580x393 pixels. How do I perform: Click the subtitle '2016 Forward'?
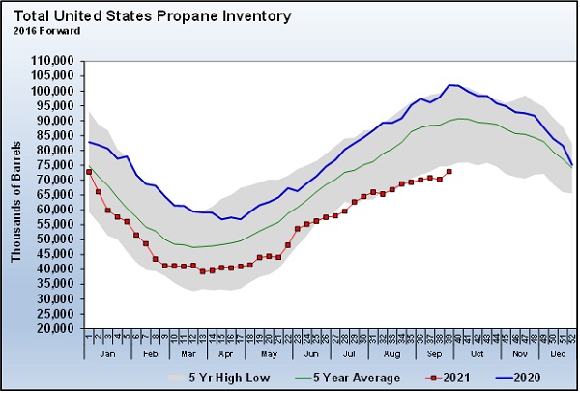point(46,30)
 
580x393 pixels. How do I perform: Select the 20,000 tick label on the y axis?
point(56,328)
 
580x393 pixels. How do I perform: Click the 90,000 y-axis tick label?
point(56,121)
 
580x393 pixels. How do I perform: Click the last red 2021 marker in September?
point(449,172)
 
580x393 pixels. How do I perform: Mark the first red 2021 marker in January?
point(89,172)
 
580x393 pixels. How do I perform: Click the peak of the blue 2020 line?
point(450,85)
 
